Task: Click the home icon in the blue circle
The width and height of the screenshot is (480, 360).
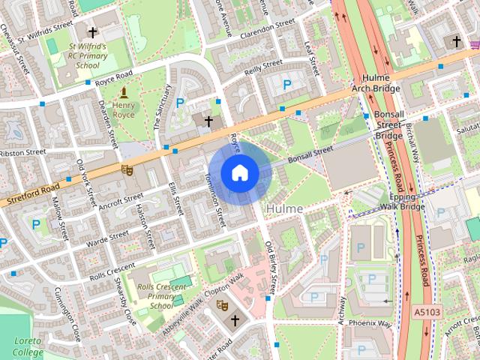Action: click(x=238, y=173)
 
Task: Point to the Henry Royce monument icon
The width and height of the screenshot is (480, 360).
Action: click(x=124, y=93)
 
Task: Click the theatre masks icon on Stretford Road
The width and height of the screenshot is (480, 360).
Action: click(x=127, y=170)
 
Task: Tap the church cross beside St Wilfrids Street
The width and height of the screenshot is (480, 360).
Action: click(x=92, y=32)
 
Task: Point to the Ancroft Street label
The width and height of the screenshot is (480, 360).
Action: click(x=120, y=200)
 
